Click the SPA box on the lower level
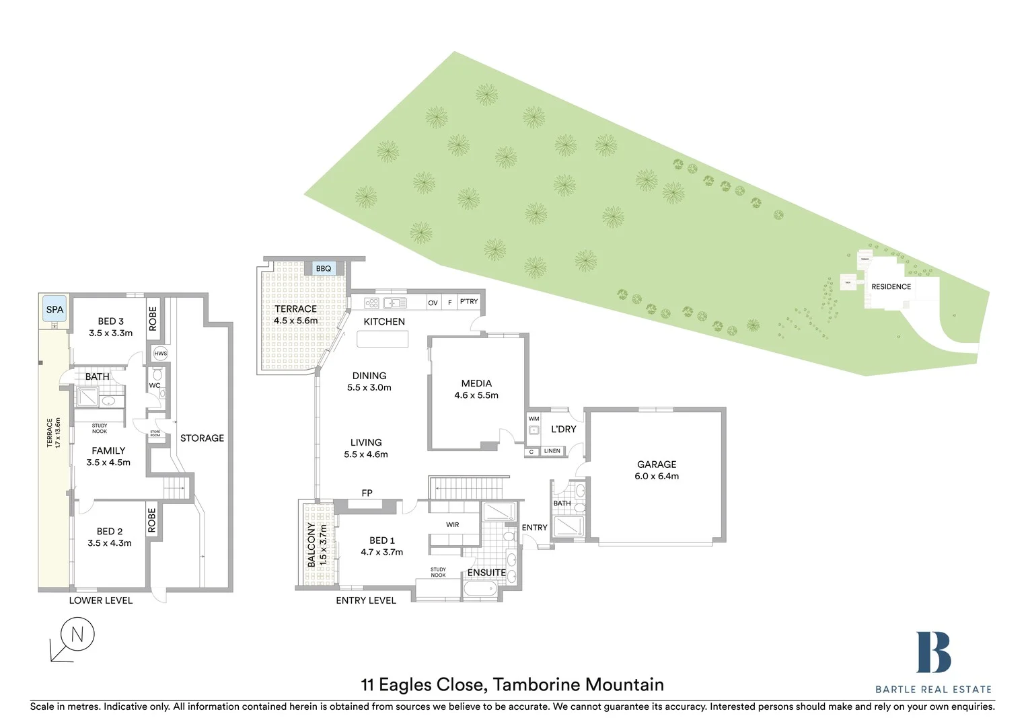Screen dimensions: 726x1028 (54, 310)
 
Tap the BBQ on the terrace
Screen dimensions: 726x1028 (324, 268)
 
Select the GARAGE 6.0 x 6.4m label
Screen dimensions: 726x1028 (657, 470)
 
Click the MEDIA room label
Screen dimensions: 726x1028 (476, 389)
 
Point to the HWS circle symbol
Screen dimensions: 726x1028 (160, 354)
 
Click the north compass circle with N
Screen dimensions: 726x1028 (77, 634)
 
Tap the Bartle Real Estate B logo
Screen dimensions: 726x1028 (933, 652)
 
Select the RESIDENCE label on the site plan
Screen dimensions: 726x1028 (891, 286)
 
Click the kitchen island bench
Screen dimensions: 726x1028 (382, 339)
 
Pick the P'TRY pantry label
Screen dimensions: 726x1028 (469, 302)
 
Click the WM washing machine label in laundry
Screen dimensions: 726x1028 (534, 419)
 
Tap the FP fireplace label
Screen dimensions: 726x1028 (367, 493)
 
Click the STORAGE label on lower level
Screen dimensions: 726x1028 (202, 438)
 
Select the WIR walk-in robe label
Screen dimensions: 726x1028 (452, 524)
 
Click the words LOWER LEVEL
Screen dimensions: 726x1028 (101, 600)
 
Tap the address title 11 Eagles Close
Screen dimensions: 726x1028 (512, 684)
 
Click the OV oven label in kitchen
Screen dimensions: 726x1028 (433, 302)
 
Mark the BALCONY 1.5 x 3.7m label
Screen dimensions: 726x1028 (317, 544)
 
